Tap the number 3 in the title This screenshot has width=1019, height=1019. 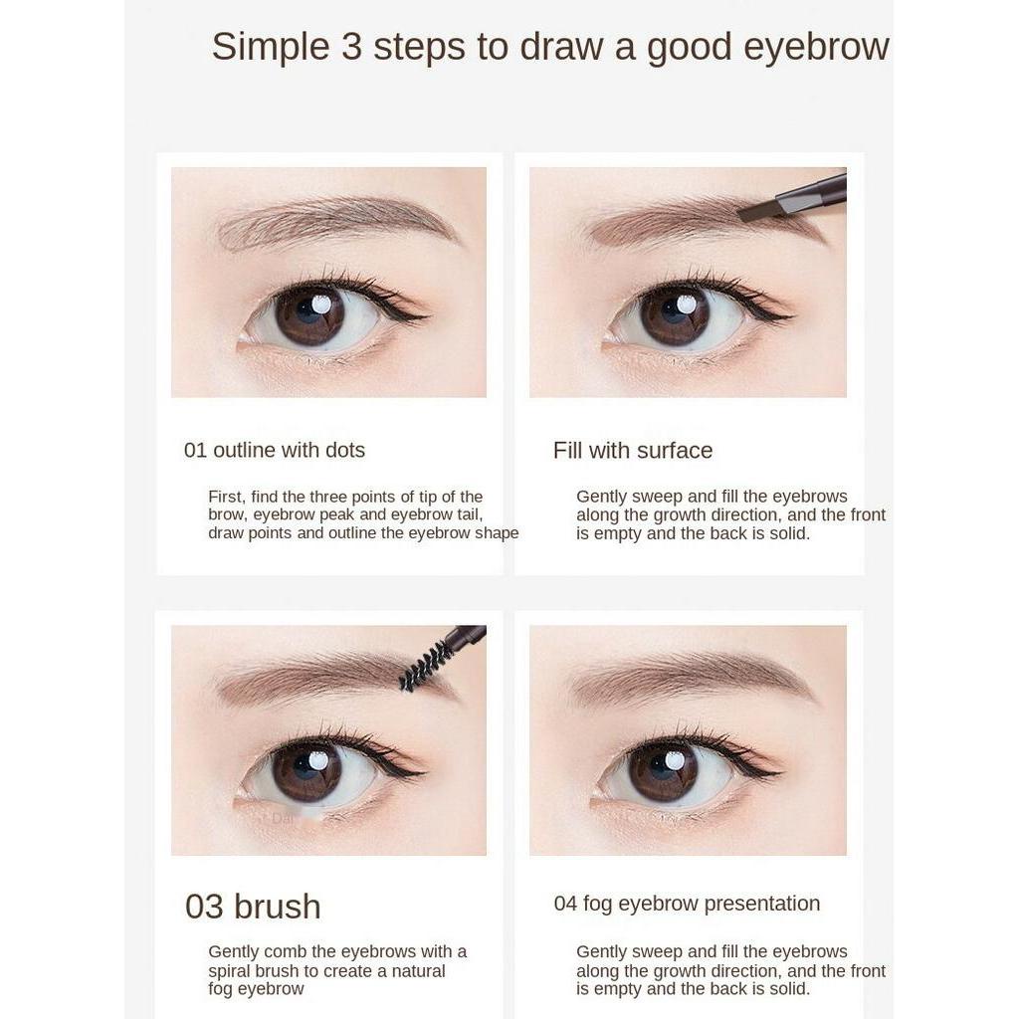pos(351,48)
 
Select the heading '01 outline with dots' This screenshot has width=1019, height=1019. pos(274,450)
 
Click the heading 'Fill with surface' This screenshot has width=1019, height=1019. pos(633,450)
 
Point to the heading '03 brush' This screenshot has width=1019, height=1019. pos(253,907)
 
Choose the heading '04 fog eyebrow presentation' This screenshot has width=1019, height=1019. pos(687,904)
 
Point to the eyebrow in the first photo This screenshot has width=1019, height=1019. pos(328,221)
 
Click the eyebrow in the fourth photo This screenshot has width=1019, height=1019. pos(687,677)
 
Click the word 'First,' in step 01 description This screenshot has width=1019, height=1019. pos(228,497)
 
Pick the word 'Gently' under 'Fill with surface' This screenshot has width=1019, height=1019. pos(603,497)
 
